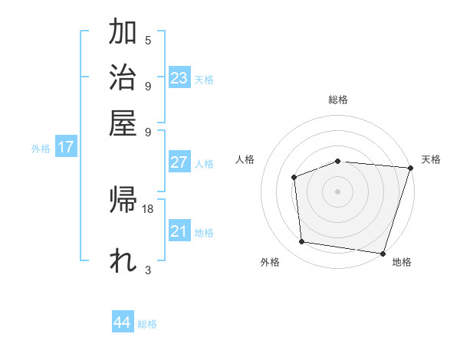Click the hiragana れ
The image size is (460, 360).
[x=123, y=260]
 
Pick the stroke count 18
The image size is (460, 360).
[x=149, y=208]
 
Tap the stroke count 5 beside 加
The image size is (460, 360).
[x=148, y=41]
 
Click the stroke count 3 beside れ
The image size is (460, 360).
[x=148, y=270]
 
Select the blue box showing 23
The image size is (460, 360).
[x=179, y=78]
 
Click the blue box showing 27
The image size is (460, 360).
[x=179, y=162]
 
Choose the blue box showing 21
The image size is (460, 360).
[x=179, y=231]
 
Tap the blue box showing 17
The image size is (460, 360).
[x=66, y=147]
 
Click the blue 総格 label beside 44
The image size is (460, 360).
[x=148, y=324]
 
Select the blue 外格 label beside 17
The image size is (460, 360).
[x=41, y=149]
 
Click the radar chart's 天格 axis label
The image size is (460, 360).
[x=431, y=159]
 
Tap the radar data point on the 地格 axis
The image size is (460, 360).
[x=383, y=253]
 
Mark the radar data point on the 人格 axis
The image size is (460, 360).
[x=294, y=177]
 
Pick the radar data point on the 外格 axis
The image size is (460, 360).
[x=302, y=242]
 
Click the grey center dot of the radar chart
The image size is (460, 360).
[x=337, y=191]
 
